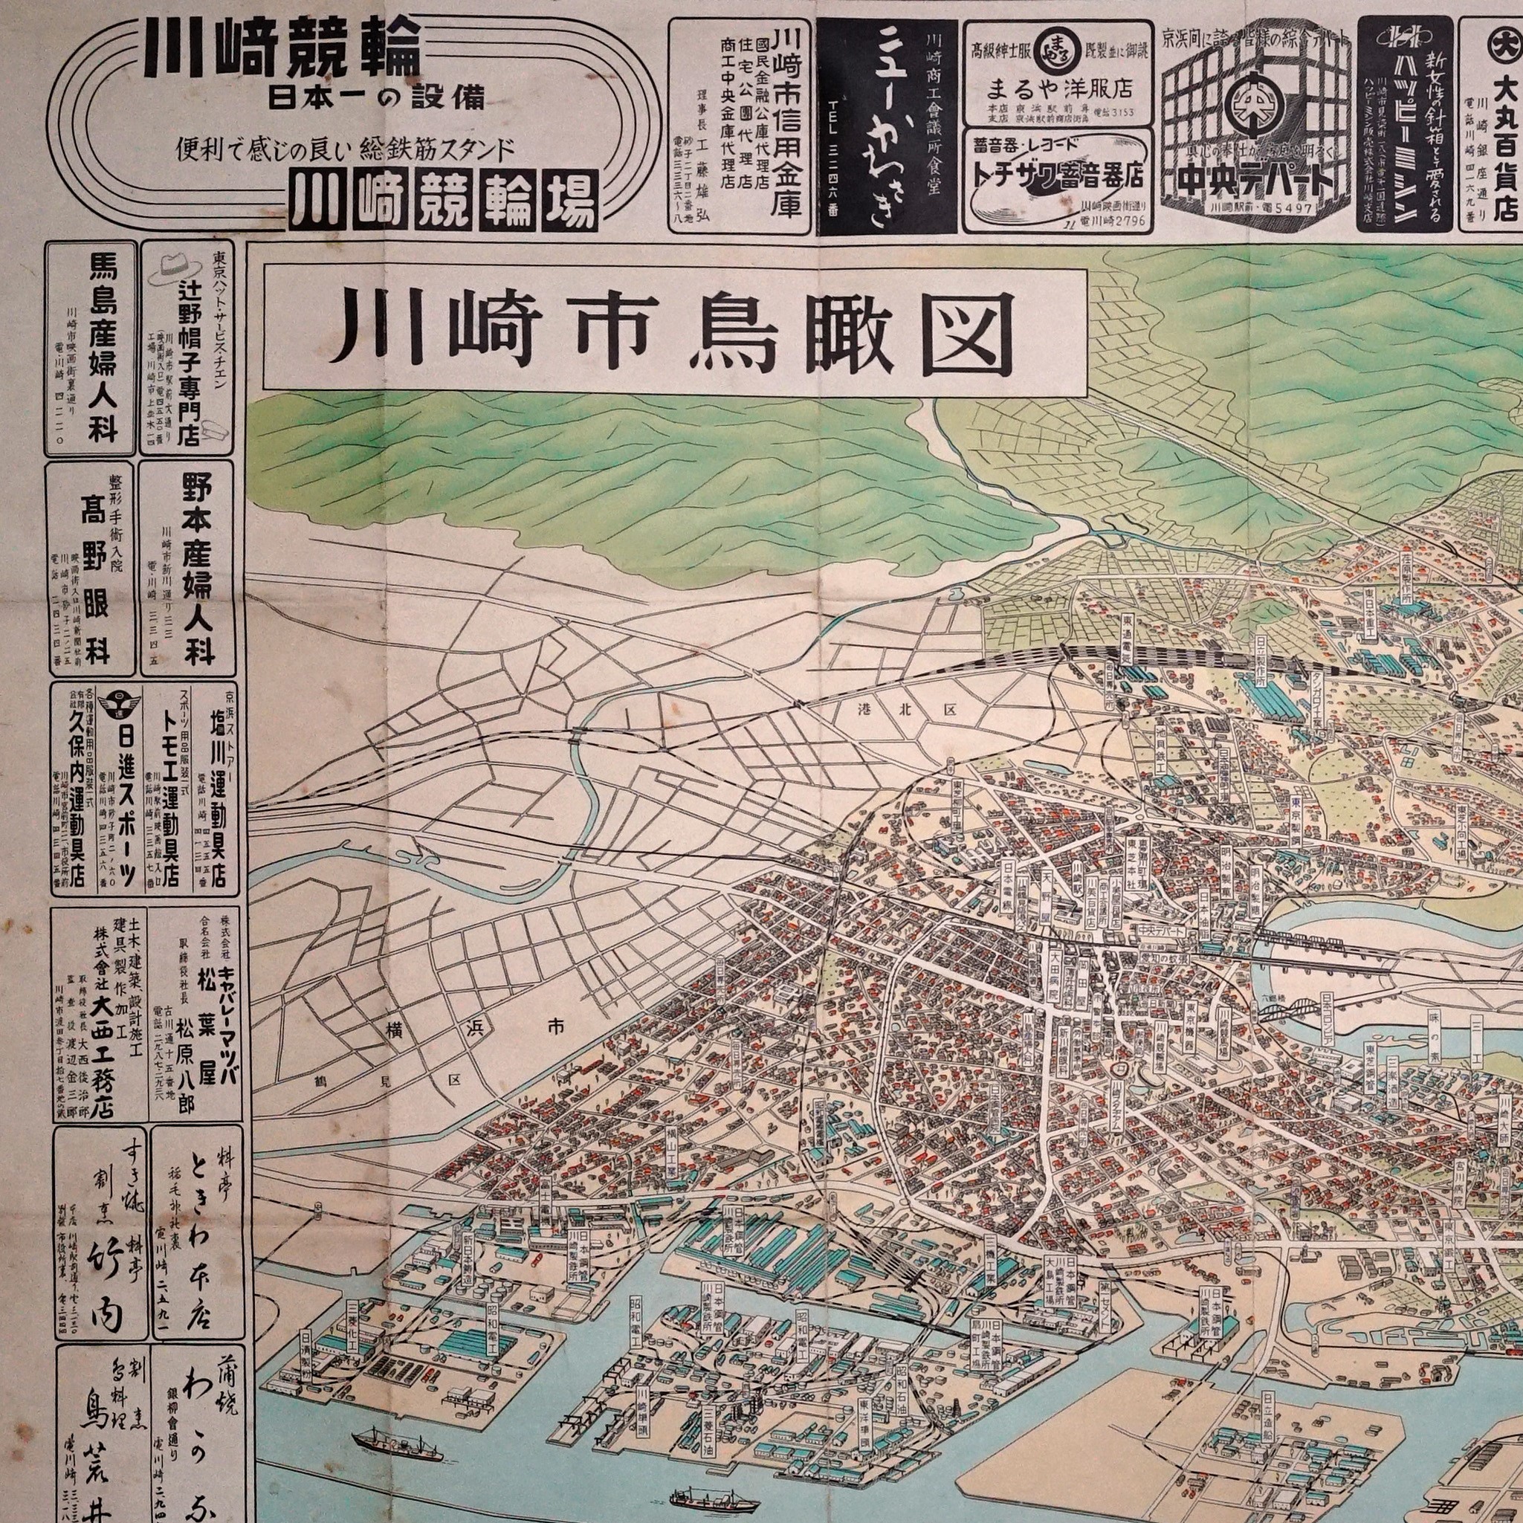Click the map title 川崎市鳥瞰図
point(674,329)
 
